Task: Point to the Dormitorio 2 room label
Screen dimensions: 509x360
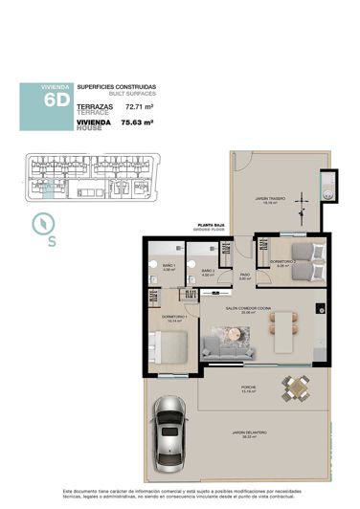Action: point(281,261)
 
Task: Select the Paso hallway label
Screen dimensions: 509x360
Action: point(245,277)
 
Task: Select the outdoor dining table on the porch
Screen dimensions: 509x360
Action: point(298,388)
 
